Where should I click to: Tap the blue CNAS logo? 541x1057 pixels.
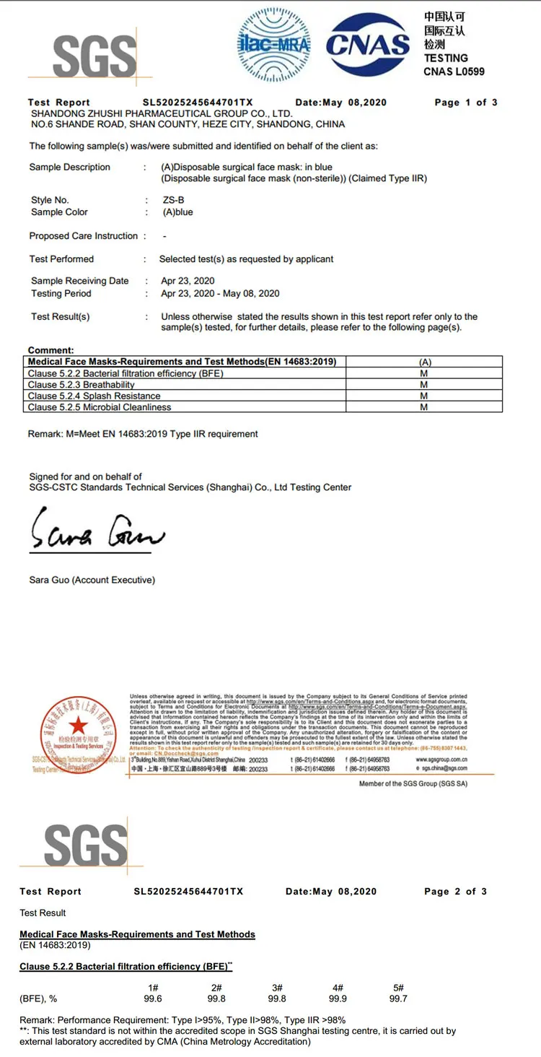368,45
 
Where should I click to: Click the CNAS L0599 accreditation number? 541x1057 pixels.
454,71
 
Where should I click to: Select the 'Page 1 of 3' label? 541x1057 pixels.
465,103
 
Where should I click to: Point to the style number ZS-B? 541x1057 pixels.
174,200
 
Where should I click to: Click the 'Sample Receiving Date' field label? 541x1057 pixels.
80,281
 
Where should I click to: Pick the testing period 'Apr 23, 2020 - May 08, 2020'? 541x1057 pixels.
220,293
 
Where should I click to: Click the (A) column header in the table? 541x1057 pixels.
424,362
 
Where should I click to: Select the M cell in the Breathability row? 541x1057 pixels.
424,385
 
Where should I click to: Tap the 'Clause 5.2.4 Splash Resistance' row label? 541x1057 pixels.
94,396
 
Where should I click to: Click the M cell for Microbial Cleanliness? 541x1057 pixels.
424,407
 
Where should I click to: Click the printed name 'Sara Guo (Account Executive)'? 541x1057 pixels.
92,580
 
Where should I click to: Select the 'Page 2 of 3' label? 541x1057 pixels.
455,892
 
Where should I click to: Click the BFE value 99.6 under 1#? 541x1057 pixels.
153,999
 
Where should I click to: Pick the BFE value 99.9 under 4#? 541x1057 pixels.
338,999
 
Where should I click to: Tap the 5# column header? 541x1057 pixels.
398,988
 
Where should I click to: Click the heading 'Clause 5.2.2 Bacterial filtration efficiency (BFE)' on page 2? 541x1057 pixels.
123,966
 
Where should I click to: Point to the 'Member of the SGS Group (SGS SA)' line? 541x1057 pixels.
413,783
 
